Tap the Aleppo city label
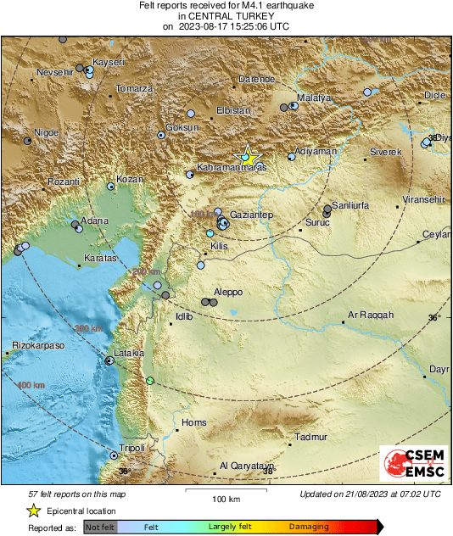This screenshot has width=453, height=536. click(x=228, y=292)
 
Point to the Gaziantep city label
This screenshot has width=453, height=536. click(x=252, y=216)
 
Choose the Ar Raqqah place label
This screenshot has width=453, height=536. click(x=372, y=315)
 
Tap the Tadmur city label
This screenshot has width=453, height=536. click(x=310, y=438)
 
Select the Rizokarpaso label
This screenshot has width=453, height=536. click(x=39, y=345)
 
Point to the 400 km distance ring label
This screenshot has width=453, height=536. click(x=31, y=385)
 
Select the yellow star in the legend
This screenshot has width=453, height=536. click(x=33, y=511)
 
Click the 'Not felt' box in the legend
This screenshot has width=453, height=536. click(x=100, y=527)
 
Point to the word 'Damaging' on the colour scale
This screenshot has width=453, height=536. click(x=309, y=527)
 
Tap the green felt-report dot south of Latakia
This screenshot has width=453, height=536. click(x=150, y=381)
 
